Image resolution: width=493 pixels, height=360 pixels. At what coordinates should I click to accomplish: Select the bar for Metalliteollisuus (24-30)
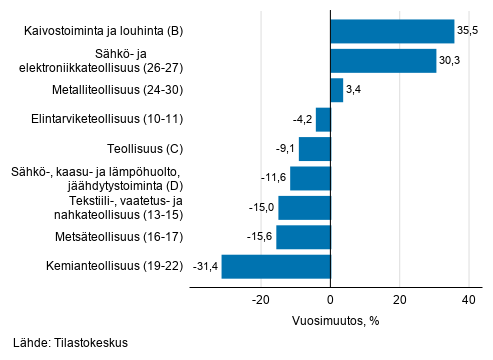pyautogui.click(x=336, y=90)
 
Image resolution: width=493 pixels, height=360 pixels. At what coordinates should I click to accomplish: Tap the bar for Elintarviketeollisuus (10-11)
pyautogui.click(x=323, y=120)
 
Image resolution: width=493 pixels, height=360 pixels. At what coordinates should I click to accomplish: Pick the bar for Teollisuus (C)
pyautogui.click(x=314, y=149)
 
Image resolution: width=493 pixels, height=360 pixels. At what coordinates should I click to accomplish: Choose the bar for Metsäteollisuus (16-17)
pyautogui.click(x=303, y=237)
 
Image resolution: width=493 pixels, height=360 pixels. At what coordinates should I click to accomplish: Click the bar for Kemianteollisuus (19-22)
pyautogui.click(x=276, y=267)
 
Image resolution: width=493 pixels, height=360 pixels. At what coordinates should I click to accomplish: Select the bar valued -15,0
pyautogui.click(x=304, y=208)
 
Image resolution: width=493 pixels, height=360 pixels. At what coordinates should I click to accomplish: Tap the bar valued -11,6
pyautogui.click(x=310, y=179)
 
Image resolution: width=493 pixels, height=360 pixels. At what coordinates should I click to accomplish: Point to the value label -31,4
pyautogui.click(x=204, y=267)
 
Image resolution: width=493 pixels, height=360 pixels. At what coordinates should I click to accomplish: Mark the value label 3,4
pyautogui.click(x=354, y=90)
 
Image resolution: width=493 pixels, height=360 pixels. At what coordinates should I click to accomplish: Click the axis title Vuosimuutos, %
pyautogui.click(x=337, y=322)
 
